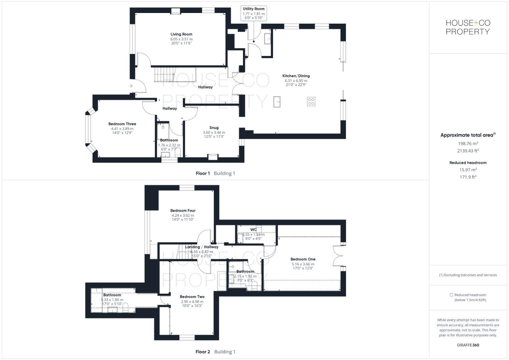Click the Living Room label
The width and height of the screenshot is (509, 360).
click(181, 34)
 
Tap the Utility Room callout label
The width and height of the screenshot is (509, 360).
click(254, 9)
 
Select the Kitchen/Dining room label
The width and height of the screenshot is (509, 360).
click(296, 76)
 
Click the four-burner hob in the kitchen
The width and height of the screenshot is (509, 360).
click(311, 101)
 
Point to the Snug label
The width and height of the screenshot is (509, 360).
click(214, 127)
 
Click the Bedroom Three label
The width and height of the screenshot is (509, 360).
click(122, 124)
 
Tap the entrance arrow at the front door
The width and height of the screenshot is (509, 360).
click(131, 86)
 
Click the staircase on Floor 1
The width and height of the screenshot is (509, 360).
click(164, 74)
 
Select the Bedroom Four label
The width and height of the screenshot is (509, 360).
click(183, 210)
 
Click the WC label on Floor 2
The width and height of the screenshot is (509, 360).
click(254, 229)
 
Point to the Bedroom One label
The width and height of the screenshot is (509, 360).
click(303, 259)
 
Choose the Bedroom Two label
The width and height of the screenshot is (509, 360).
click(192, 297)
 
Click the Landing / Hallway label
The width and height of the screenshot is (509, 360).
click(202, 247)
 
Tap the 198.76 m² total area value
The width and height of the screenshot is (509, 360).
click(468, 143)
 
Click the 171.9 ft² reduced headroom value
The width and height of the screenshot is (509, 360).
click(468, 177)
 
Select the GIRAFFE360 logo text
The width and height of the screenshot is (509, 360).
click(468, 345)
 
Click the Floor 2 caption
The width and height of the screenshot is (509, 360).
click(203, 352)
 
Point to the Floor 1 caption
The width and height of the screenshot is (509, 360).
click(203, 173)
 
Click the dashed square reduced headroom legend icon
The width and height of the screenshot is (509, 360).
click(451, 295)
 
